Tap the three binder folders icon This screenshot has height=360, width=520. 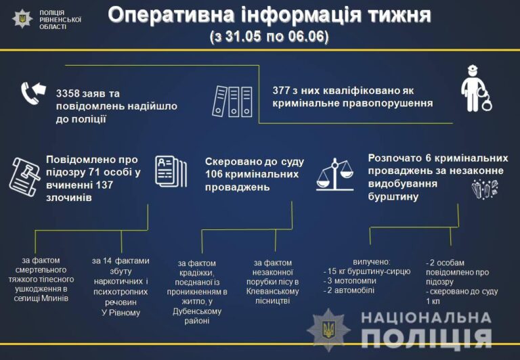pos(232,102)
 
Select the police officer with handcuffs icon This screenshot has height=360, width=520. pos(476,89)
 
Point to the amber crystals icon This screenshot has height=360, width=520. pos(485,189)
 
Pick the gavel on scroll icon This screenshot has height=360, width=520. pos(24,177)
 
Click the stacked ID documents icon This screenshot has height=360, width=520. pos(171,171)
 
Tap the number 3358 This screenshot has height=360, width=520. pos(68,93)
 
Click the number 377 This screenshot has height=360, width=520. pos(280,91)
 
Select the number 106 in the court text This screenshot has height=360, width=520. pos(213,175)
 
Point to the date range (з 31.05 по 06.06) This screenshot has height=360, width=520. pos(269,37)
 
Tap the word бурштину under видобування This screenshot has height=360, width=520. pos(393,197)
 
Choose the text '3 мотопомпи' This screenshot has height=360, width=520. pos(350,281)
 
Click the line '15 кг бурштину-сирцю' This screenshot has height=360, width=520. pos(367,271)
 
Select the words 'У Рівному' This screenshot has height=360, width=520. pos(121,313)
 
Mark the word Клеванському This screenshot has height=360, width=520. pos(273,292)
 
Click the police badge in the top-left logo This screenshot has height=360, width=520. pos(22,19)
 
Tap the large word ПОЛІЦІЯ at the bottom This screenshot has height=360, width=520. pos(426,338)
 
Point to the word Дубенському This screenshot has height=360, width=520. pos(197,311)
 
